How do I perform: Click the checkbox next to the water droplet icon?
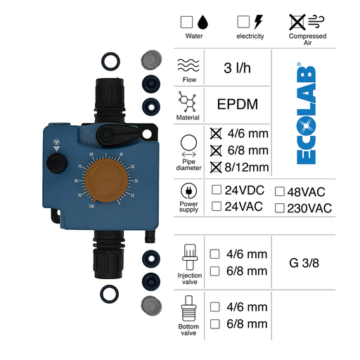(186, 21)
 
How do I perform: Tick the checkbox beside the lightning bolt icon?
(243, 21)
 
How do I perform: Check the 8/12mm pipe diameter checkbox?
(217, 166)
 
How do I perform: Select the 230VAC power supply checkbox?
(280, 207)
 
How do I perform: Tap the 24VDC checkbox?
(217, 191)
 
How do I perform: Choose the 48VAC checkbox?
(280, 191)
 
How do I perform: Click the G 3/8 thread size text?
(305, 264)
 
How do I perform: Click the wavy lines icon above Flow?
(188, 65)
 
